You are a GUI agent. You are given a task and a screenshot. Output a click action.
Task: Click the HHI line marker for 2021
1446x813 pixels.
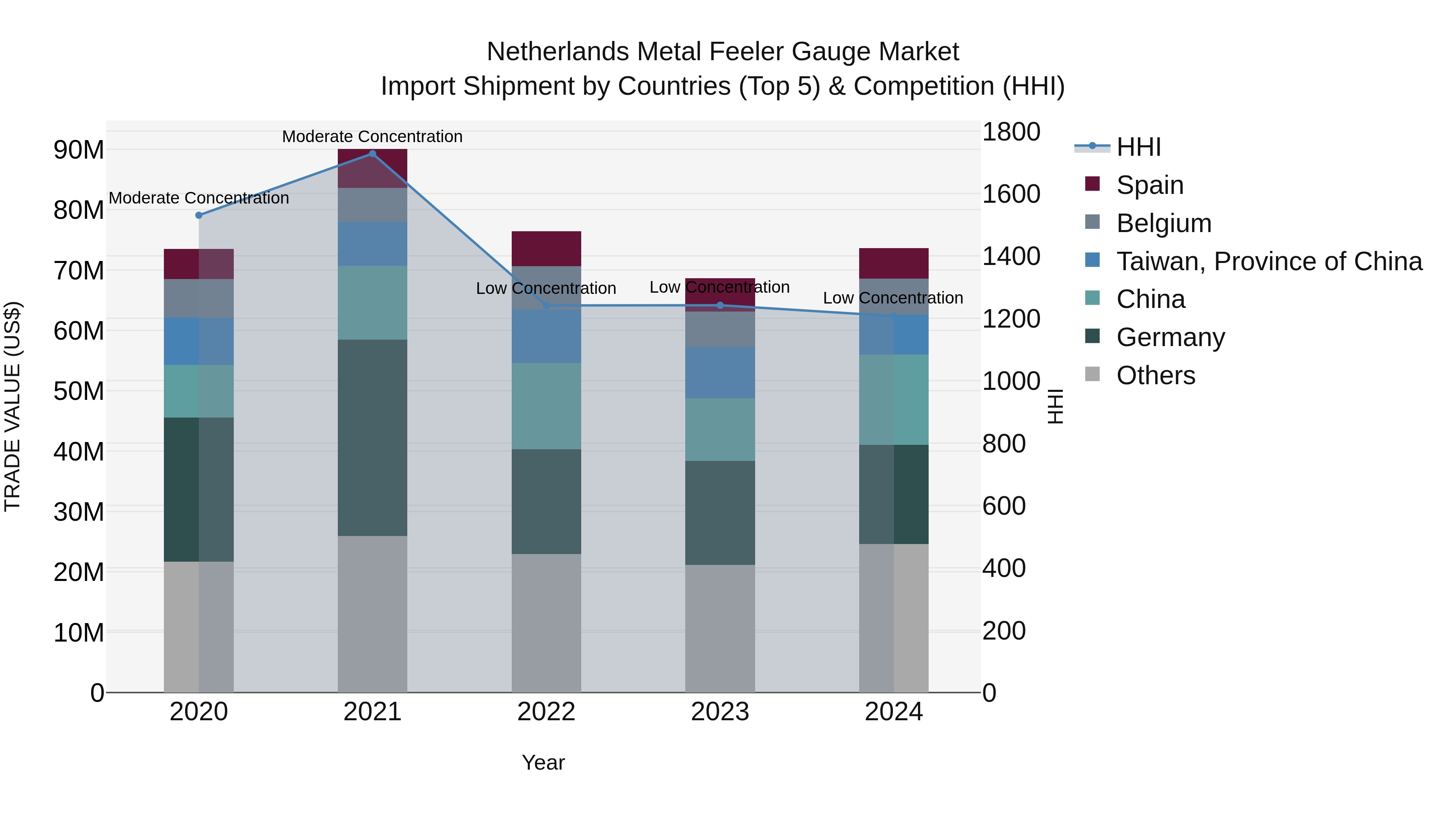[x=372, y=154]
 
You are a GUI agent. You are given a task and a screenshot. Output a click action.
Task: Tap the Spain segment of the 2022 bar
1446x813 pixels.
[x=546, y=249]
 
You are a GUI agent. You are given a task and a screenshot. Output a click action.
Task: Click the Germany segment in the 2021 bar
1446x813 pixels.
[x=372, y=438]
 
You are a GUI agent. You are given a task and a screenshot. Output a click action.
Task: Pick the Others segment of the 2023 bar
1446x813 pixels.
[x=720, y=628]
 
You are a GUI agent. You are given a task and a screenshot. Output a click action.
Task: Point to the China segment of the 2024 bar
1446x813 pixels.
[x=894, y=399]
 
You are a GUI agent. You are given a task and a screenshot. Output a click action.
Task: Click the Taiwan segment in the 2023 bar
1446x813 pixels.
[x=720, y=373]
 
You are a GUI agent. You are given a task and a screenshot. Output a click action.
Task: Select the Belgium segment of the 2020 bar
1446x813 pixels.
[x=199, y=298]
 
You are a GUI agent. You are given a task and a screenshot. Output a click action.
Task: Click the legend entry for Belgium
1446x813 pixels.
[x=1163, y=223]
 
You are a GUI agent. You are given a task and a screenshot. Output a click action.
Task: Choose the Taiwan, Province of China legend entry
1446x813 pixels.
[x=1268, y=261]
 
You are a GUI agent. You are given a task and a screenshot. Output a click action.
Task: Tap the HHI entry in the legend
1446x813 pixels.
[x=1138, y=147]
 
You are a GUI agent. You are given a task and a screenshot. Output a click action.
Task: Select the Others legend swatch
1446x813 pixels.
[x=1093, y=374]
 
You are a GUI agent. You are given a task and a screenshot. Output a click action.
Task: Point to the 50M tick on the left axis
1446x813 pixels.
[x=79, y=391]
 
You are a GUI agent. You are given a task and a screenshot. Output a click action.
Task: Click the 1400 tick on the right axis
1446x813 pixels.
[x=1011, y=257]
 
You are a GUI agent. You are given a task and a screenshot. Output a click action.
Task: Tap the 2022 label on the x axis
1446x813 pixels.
[x=546, y=712]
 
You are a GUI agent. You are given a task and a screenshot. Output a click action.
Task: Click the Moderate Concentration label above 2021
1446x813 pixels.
[x=372, y=137]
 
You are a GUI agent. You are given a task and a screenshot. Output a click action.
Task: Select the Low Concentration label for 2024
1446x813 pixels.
[x=893, y=298]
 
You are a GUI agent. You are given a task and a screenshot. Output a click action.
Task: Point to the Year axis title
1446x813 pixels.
[x=543, y=762]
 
